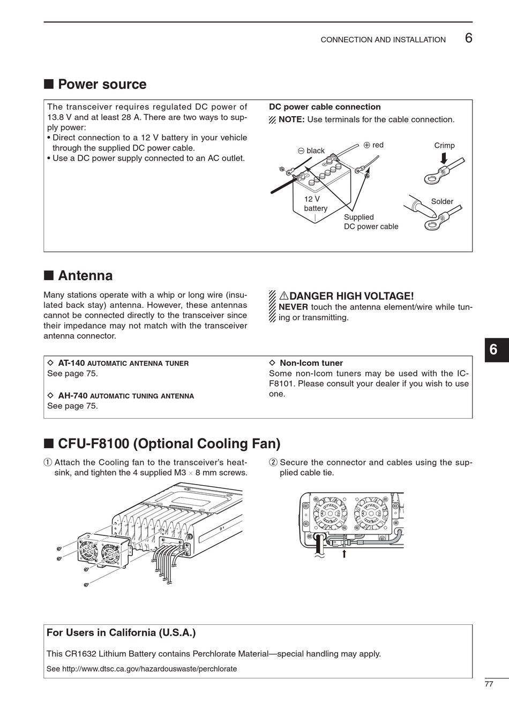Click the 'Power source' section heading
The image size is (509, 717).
102,85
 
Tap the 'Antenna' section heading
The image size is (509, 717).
85,276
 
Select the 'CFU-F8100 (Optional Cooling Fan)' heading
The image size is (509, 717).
169,444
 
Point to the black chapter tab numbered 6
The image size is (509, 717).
494,350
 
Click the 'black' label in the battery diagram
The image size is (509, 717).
316,151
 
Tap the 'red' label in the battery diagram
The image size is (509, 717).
378,145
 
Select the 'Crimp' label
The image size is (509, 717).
444,146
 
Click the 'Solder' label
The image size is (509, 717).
442,202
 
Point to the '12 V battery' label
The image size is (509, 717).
315,203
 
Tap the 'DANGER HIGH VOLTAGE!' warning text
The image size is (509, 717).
351,296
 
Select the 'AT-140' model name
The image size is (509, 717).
71,363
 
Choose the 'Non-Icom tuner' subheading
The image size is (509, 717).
311,363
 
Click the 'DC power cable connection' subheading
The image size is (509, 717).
325,107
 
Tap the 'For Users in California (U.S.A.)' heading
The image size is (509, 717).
121,633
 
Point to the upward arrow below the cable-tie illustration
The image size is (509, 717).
344,554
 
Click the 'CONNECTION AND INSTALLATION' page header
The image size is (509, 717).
383,40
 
